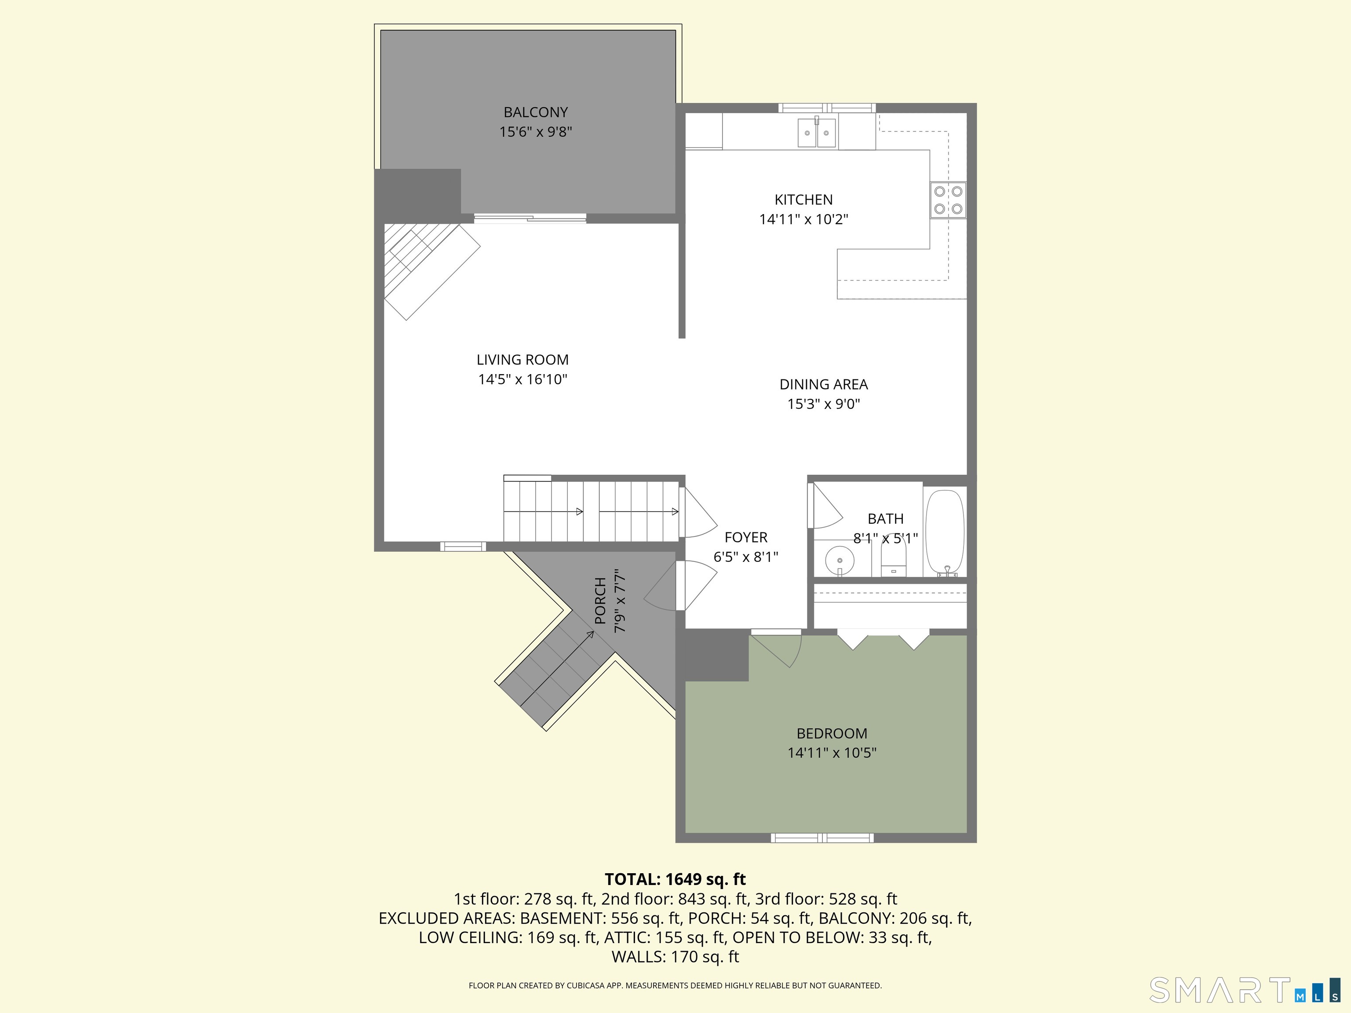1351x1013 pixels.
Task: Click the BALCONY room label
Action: coord(536,113)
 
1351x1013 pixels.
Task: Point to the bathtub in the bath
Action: coord(945,532)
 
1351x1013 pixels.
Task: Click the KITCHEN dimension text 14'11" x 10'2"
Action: coord(804,219)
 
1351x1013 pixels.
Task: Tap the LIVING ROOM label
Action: coord(523,360)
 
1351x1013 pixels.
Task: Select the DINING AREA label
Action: coord(824,384)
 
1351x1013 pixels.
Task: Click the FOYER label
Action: coord(746,537)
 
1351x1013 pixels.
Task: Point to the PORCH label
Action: coord(600,601)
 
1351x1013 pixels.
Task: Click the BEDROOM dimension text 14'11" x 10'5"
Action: coord(832,753)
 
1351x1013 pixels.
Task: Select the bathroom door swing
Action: coord(825,506)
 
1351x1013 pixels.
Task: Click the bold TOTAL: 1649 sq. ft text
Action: coord(675,879)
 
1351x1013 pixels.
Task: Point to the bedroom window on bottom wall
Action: coord(822,838)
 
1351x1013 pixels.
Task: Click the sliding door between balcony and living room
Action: coord(530,218)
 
